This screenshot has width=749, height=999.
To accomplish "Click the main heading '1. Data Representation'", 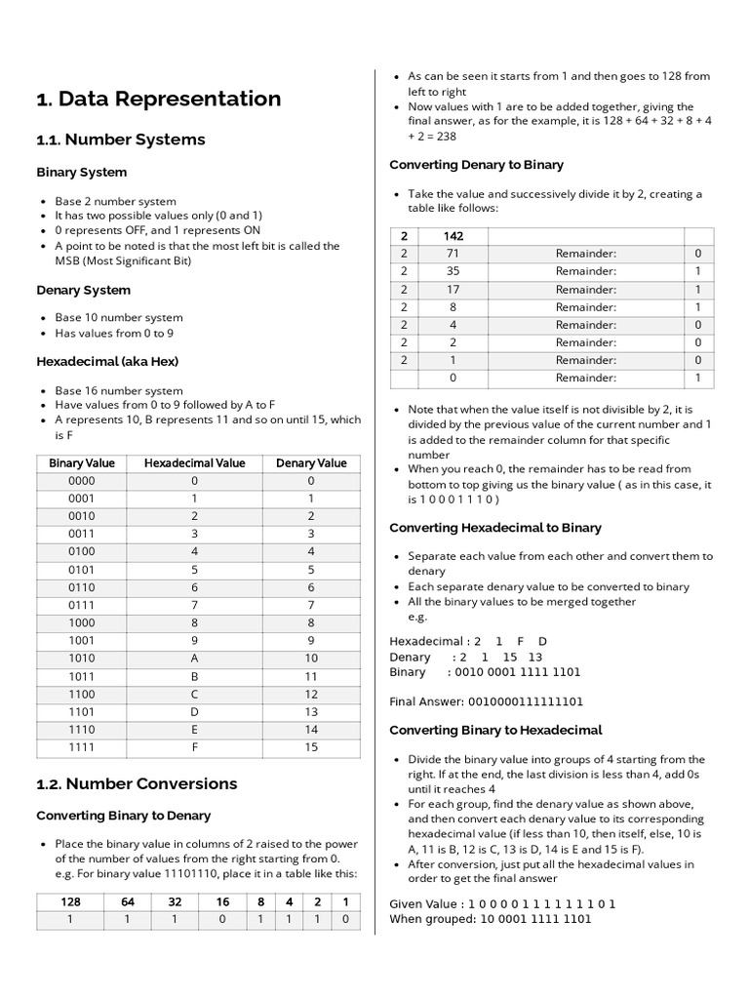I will coord(158,99).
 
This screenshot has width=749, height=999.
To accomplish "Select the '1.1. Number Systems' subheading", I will coord(121,140).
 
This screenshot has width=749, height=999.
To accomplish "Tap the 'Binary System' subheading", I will coord(82,173).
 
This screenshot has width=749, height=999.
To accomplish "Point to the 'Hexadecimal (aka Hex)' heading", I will coord(107,361).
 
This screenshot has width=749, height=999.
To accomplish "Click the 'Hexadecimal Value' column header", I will coord(195,463).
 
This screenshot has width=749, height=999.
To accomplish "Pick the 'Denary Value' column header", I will coord(311,463).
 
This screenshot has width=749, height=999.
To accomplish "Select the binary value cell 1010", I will coord(82,657).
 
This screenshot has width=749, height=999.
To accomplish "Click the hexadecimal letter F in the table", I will coord(195,748).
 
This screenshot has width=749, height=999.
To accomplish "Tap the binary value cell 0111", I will coord(82,605).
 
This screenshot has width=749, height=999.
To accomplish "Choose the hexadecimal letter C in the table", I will coord(195,694).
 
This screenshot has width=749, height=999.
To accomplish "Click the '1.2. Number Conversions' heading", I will coord(137,783).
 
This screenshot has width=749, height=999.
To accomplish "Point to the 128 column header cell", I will coord(71,902).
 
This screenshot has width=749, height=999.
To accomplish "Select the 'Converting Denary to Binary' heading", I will coord(476,165).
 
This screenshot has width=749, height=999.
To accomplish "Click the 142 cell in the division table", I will coord(453,236).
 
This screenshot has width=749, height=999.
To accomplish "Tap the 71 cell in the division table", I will coord(453,254).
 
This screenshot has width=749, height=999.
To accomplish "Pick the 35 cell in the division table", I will coord(453,271).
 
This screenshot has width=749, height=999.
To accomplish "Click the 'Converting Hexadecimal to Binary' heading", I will coord(495,528).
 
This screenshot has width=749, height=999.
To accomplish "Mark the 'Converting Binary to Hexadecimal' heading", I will coord(495,730).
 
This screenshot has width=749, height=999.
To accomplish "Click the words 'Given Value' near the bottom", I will coord(419,903).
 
